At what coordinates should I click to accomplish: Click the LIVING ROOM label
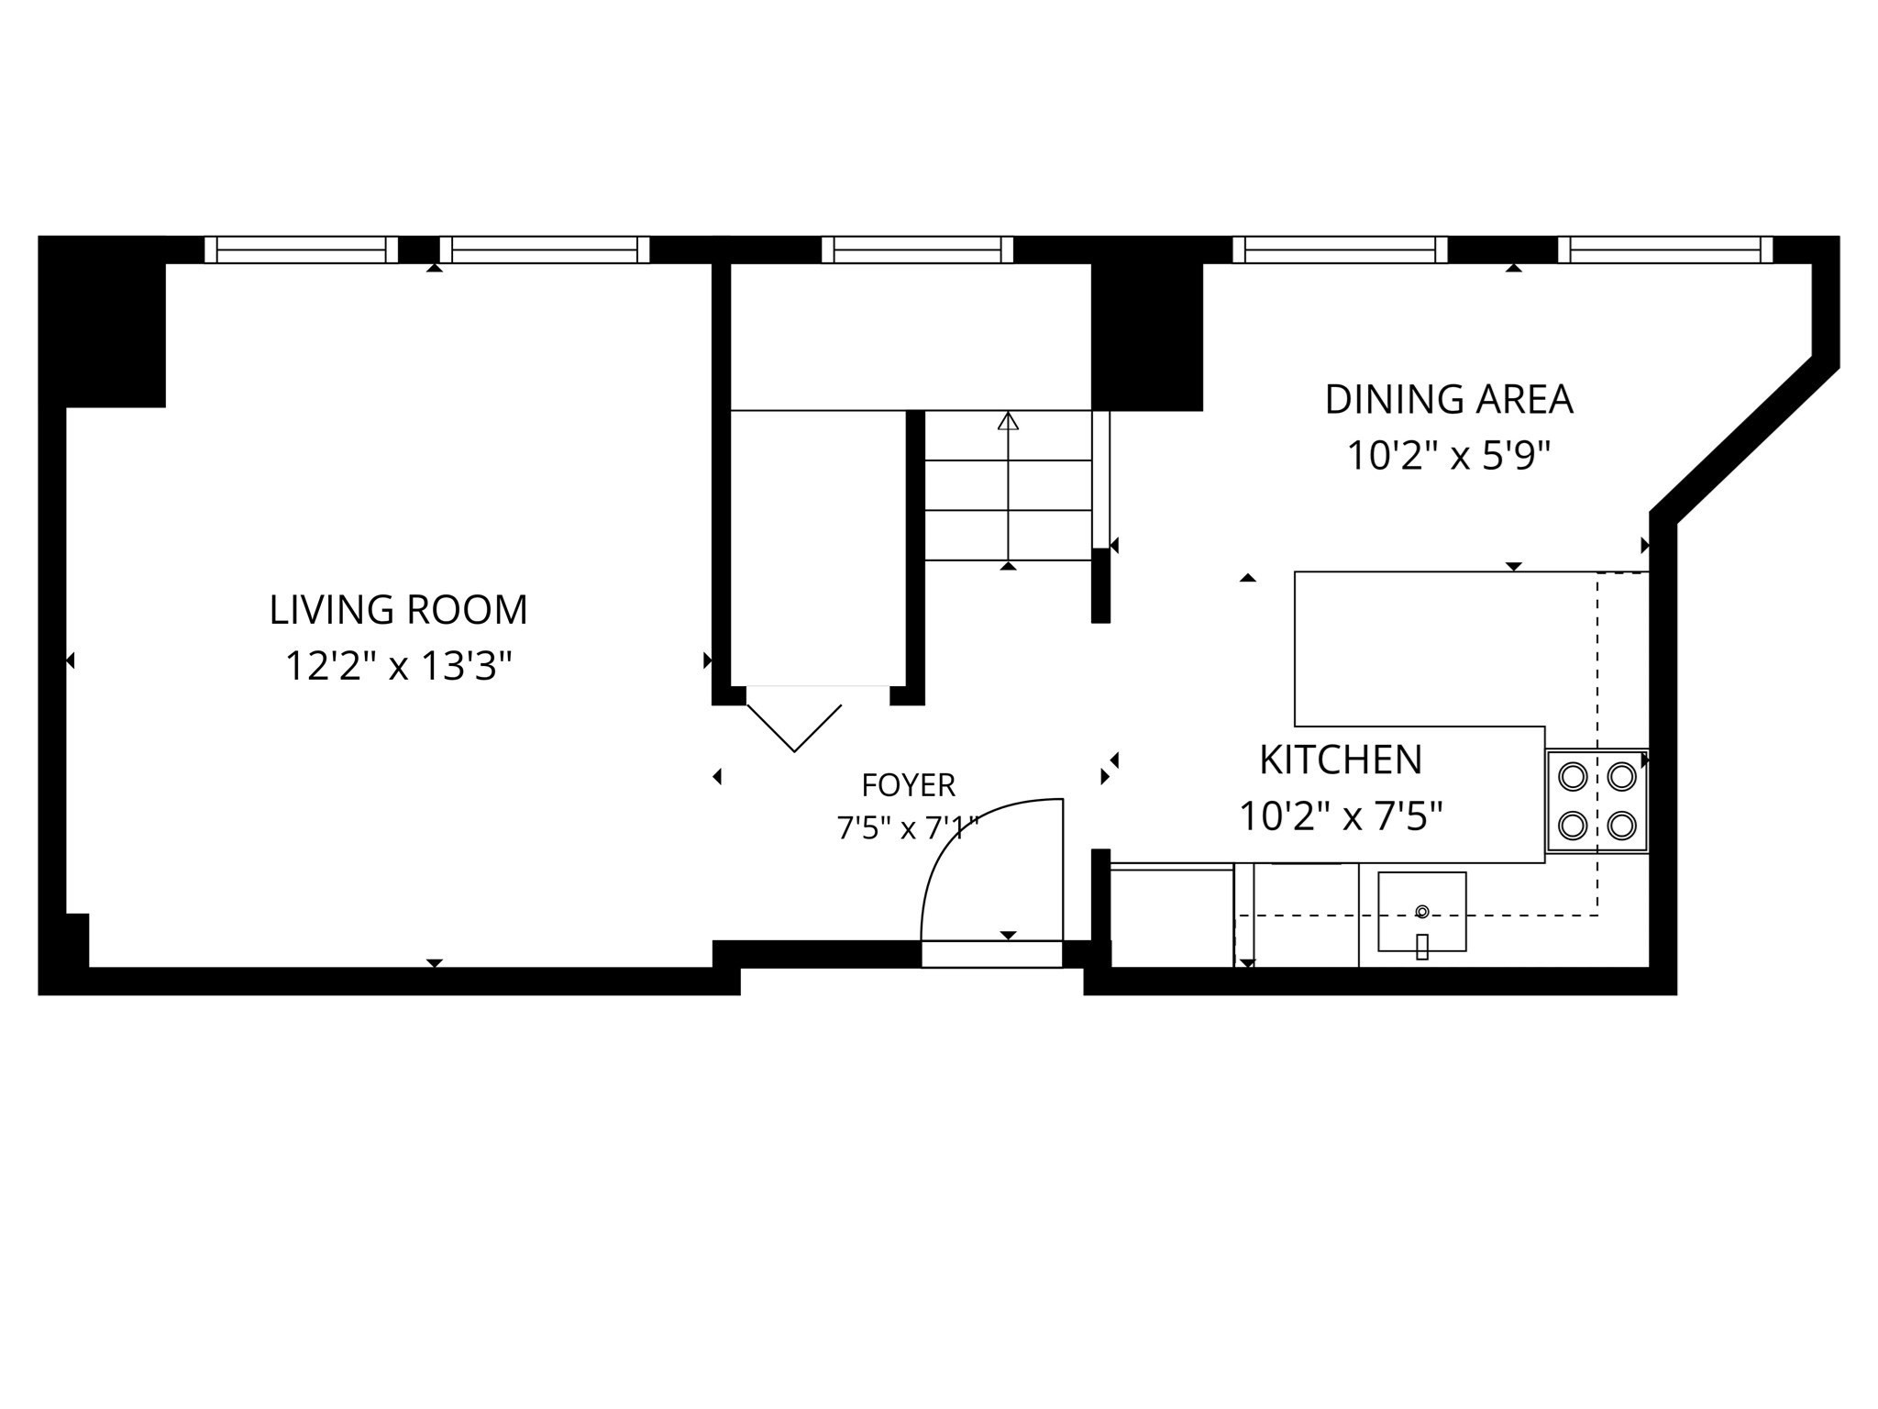click(x=398, y=610)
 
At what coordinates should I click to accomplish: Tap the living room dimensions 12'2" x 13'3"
click(x=398, y=666)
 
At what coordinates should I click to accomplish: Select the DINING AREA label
click(x=1449, y=399)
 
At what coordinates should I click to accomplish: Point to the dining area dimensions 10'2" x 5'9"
click(x=1449, y=455)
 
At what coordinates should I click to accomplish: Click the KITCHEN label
click(x=1341, y=760)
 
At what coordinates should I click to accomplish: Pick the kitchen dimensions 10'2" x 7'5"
click(x=1341, y=815)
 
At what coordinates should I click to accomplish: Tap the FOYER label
click(x=909, y=785)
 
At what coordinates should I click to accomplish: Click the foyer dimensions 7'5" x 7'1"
click(x=909, y=828)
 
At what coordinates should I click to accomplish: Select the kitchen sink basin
click(x=1422, y=912)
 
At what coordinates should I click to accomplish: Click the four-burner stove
click(x=1597, y=801)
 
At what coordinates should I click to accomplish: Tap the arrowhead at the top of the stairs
click(x=1009, y=421)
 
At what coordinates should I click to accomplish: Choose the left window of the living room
click(x=301, y=250)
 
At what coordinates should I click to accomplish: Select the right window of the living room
click(x=545, y=250)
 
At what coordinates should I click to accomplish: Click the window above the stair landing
click(x=917, y=250)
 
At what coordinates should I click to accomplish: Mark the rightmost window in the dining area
click(x=1665, y=250)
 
